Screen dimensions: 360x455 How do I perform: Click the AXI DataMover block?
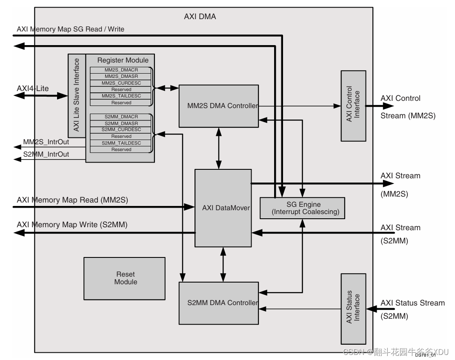tap(223, 208)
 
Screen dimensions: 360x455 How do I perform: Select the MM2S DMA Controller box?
tap(218, 106)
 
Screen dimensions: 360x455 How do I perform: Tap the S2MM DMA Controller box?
tap(218, 303)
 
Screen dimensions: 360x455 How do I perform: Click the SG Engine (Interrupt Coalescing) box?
tap(302, 208)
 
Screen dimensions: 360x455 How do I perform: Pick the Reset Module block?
tap(124, 278)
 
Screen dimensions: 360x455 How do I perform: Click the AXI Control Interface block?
tap(353, 106)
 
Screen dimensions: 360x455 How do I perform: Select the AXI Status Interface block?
tap(353, 308)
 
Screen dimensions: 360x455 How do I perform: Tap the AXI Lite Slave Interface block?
tap(77, 95)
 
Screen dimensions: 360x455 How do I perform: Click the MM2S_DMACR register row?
tap(121, 70)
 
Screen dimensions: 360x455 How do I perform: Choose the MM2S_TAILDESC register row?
tap(121, 96)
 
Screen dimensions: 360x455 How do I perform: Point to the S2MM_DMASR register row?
tap(121, 123)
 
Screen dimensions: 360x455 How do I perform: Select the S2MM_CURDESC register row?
tap(121, 129)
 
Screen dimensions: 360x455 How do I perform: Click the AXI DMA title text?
tap(200, 17)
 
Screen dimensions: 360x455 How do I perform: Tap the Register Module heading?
tap(123, 60)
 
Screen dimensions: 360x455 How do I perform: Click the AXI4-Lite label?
tap(33, 89)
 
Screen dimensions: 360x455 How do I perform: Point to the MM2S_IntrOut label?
tap(46, 142)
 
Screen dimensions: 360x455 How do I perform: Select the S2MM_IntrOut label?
tap(46, 154)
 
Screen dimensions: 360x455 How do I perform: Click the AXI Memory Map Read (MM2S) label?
tap(72, 200)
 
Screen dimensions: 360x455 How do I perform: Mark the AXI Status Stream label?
tap(412, 303)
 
